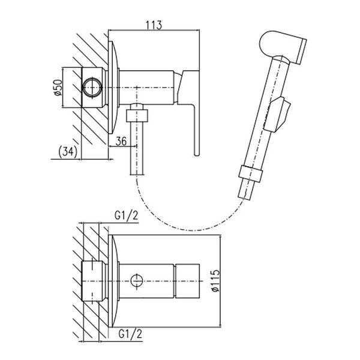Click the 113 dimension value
[x=154, y=25]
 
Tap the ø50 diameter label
[x=58, y=87]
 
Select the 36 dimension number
[x=121, y=141]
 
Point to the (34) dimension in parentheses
[x=68, y=152]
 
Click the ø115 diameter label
[x=215, y=281]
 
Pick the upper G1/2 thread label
[x=126, y=215]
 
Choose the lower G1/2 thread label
[x=130, y=334]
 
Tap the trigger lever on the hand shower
[x=277, y=115]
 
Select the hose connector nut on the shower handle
[x=250, y=173]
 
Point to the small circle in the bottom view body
[x=137, y=281]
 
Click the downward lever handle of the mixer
[x=189, y=110]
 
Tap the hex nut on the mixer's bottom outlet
[x=137, y=115]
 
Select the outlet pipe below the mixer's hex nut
[x=137, y=148]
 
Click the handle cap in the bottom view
[x=187, y=281]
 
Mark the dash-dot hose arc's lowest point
[x=194, y=230]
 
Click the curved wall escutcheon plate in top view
[x=113, y=88]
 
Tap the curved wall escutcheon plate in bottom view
[x=113, y=281]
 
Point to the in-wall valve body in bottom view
[x=94, y=281]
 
